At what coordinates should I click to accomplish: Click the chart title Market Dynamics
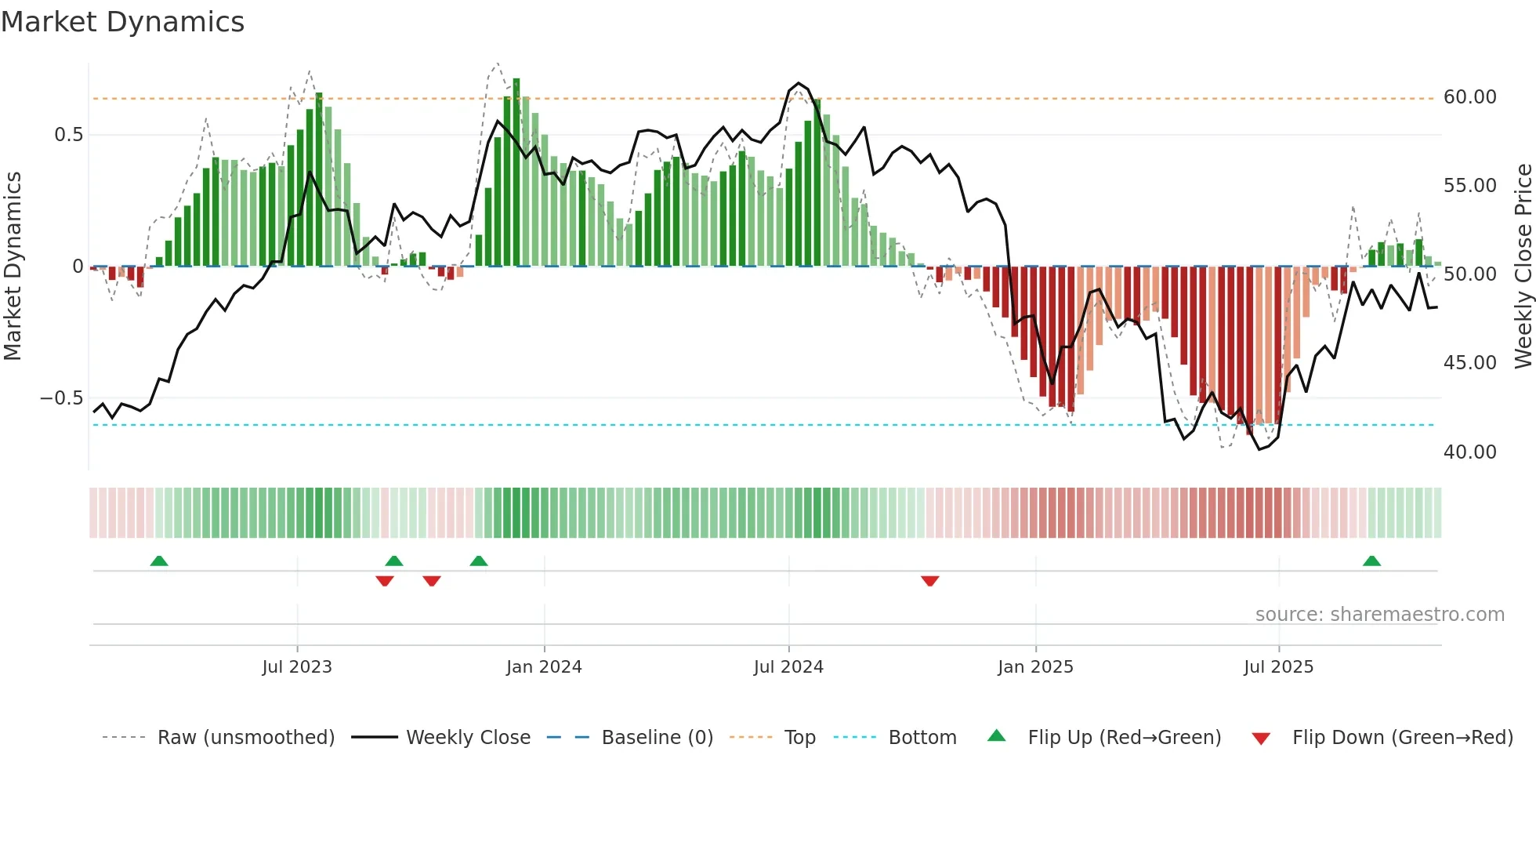122,22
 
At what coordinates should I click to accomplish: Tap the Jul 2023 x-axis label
297,667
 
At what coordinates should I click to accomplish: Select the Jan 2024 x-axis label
544,667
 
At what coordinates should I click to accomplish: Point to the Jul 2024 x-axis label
788,667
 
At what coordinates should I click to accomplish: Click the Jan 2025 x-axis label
1035,667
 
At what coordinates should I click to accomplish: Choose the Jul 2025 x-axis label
1278,667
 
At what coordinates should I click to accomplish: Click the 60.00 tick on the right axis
1469,97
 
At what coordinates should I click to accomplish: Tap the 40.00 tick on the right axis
1469,452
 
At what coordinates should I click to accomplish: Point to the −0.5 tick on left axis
61,398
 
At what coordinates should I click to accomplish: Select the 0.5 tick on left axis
68,135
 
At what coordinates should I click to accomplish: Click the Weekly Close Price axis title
1523,267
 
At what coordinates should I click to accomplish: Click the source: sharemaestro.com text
1379,615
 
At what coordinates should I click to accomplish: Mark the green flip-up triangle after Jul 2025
1371,561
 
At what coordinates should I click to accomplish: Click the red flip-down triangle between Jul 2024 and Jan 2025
930,581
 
